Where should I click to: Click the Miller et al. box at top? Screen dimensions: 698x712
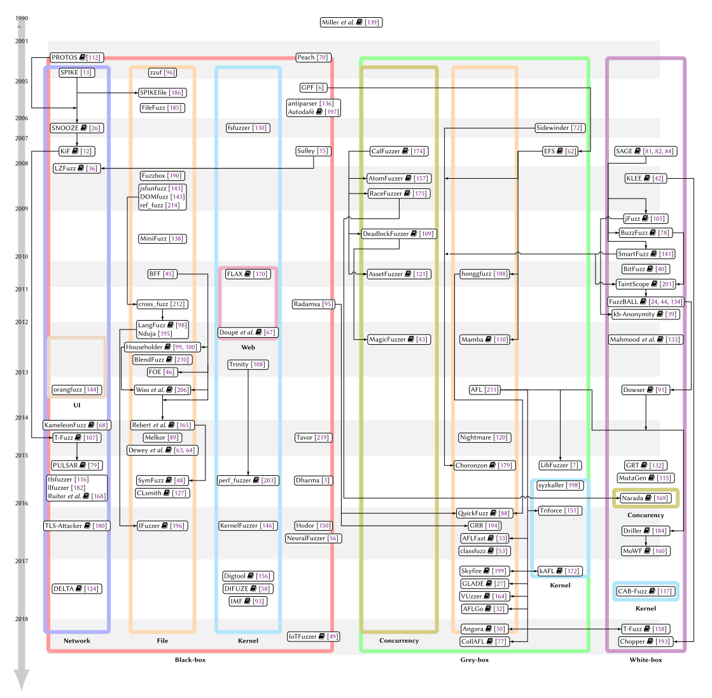pos(351,22)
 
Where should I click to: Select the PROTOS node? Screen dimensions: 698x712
pos(76,58)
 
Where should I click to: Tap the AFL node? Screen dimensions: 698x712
pos(484,390)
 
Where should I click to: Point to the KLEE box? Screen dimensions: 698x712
pos(646,179)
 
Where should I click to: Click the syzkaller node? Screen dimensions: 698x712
pos(559,485)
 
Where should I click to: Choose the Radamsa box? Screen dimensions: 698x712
pos(314,304)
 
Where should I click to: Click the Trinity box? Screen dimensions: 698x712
pos(248,365)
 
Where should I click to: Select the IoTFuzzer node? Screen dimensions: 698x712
pos(314,636)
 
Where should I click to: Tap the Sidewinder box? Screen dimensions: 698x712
pos(559,128)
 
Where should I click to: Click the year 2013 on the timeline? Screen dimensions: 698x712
pos(22,373)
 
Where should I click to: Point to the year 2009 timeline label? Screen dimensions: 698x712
pos(22,209)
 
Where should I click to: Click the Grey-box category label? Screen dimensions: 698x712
pos(475,660)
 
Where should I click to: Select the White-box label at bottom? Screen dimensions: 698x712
pos(646,660)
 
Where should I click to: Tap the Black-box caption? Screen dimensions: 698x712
pos(190,660)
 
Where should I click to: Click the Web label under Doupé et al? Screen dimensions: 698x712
pos(248,347)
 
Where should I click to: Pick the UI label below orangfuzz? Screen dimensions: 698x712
pos(77,405)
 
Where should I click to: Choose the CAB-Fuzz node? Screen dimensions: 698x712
pos(645,591)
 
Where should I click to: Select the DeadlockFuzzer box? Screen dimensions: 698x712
pos(398,234)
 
